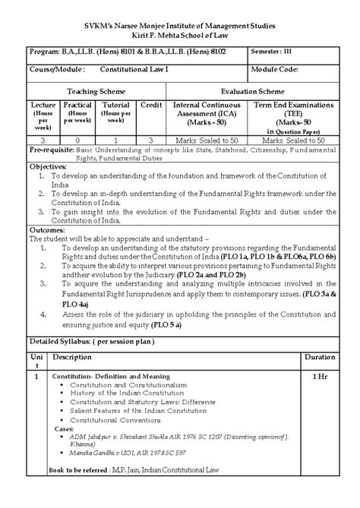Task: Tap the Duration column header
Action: point(318,356)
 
